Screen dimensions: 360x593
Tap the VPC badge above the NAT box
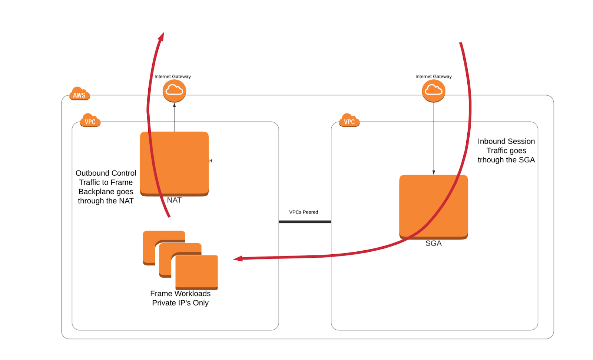pos(90,120)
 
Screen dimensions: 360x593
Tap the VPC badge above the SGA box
pos(349,120)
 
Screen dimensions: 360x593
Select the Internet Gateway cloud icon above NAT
pos(174,91)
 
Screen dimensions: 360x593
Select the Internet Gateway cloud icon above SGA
pos(434,91)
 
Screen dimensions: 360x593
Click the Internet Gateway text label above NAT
pos(173,77)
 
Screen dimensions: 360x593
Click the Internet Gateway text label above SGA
pos(434,77)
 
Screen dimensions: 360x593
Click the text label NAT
pos(174,201)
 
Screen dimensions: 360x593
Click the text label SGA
pos(434,244)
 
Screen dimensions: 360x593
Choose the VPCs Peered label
pos(304,212)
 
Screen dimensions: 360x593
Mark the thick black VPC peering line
pos(305,222)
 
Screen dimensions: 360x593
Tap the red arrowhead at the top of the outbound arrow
pos(162,36)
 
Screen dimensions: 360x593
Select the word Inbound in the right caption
pos(491,141)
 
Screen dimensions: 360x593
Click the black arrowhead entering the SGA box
pos(434,172)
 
